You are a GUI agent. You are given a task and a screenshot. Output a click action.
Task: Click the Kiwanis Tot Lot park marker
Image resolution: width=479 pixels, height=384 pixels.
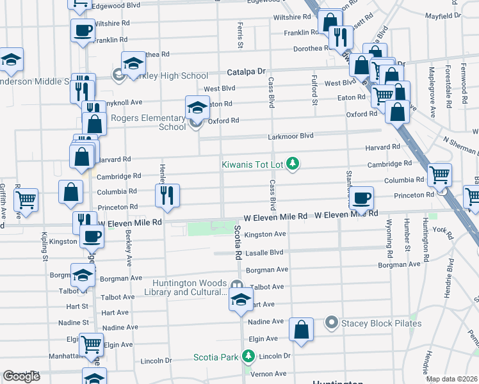[293, 164]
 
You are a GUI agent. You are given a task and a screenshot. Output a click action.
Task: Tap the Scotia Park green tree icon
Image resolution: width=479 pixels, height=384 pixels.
[248, 356]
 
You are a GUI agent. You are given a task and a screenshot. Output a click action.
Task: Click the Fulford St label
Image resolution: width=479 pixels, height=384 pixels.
[314, 90]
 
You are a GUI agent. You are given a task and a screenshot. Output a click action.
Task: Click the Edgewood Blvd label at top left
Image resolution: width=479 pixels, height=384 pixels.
[116, 5]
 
